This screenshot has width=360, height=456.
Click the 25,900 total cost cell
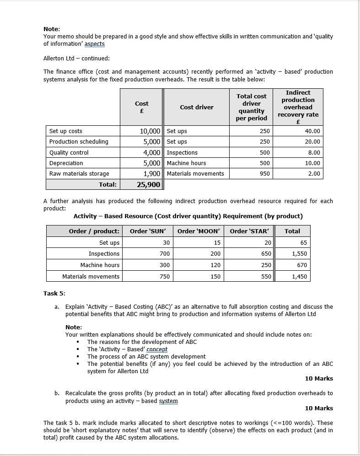tap(148, 185)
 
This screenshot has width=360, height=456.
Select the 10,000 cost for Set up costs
tap(150, 131)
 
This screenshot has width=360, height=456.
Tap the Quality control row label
tap(69, 153)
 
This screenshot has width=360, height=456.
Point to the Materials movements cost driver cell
tap(195, 174)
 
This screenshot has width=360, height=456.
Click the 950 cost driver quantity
tap(264, 174)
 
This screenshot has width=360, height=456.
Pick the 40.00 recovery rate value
tap(312, 131)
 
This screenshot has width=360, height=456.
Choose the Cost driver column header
tap(196, 107)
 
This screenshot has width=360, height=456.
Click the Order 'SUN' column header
tap(148, 231)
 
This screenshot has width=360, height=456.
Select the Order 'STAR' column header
tap(249, 231)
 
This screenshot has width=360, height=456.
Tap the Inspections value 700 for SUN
tap(165, 254)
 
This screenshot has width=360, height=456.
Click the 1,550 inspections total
tap(299, 254)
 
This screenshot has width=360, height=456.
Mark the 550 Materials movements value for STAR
tap(266, 277)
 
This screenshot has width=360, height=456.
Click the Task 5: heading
tap(54, 294)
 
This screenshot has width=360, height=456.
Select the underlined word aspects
tap(95, 44)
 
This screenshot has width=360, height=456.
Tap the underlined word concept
tap(157, 349)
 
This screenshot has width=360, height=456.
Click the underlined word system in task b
tap(168, 401)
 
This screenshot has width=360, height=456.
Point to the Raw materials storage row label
tap(79, 174)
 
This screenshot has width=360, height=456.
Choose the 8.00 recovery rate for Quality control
tap(314, 153)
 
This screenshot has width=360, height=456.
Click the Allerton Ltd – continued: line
tap(76, 59)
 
